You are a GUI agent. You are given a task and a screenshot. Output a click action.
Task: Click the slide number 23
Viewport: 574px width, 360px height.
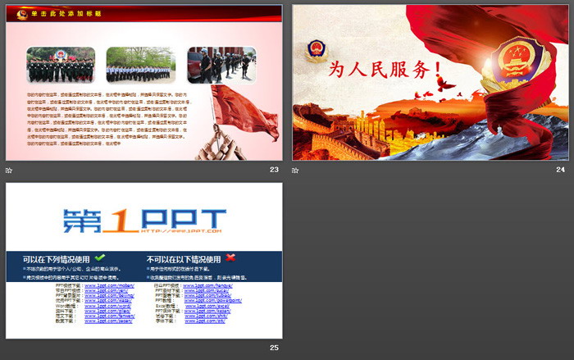(274, 170)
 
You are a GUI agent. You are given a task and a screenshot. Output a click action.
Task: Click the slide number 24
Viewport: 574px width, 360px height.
(560, 170)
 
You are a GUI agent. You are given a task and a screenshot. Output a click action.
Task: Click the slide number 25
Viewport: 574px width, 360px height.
(274, 348)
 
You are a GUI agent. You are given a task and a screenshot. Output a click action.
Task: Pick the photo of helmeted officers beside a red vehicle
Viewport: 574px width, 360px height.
(221, 65)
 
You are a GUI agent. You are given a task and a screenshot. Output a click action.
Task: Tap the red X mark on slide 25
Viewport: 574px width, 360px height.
(230, 257)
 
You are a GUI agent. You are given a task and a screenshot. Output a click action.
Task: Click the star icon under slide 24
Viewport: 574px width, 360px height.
(296, 170)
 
